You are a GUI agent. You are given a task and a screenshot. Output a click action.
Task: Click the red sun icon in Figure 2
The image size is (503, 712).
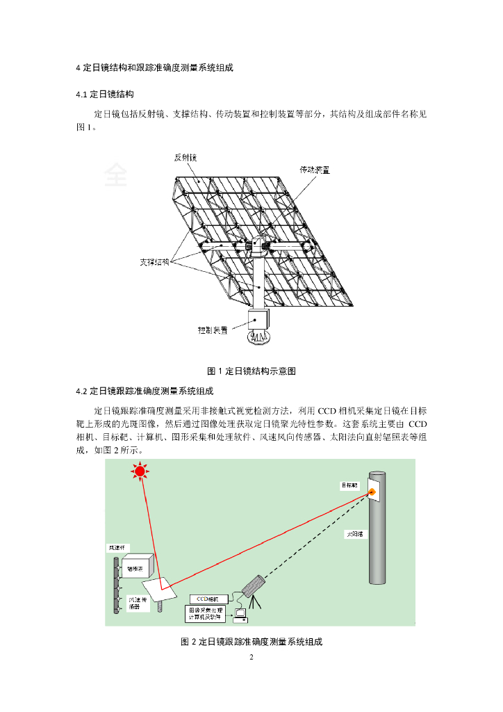coord(140,473)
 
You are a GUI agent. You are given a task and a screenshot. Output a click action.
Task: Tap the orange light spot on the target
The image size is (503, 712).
coord(373,492)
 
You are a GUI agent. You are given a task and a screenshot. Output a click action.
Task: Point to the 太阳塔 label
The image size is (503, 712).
coord(355,535)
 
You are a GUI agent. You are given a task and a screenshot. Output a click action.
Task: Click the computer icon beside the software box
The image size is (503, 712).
coord(242,613)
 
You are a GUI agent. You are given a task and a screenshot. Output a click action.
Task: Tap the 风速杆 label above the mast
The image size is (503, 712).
coord(115,549)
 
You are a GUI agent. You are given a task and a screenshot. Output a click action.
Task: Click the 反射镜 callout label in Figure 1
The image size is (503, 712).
coord(185,158)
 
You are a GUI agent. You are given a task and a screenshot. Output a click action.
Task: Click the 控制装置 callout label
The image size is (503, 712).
coord(213,331)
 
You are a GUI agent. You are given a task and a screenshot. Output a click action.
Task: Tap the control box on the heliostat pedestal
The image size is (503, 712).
coord(257,319)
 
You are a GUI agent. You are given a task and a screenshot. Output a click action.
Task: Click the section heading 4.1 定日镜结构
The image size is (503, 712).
coord(104,94)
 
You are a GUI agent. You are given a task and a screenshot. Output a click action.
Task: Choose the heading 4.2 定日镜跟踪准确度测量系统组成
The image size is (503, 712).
coord(145,391)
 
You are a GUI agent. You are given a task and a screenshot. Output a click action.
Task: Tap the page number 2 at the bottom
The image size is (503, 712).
coord(251,657)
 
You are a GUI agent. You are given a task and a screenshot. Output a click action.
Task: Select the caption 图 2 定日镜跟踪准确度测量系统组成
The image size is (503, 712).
coord(251,642)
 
